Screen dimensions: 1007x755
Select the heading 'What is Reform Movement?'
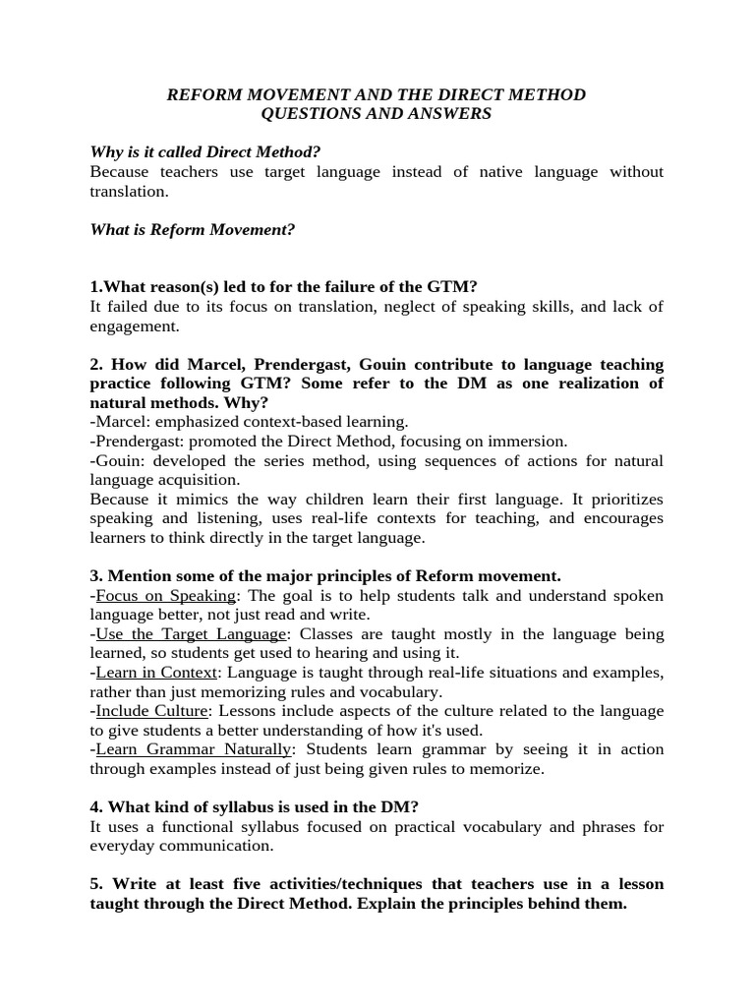[193, 229]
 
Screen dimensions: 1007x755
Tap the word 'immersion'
[533, 442]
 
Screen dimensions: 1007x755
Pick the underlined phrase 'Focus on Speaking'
[165, 596]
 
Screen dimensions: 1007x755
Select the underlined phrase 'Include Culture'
[151, 711]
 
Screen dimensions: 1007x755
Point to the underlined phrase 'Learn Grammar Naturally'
[194, 749]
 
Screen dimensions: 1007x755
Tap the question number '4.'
[96, 807]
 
